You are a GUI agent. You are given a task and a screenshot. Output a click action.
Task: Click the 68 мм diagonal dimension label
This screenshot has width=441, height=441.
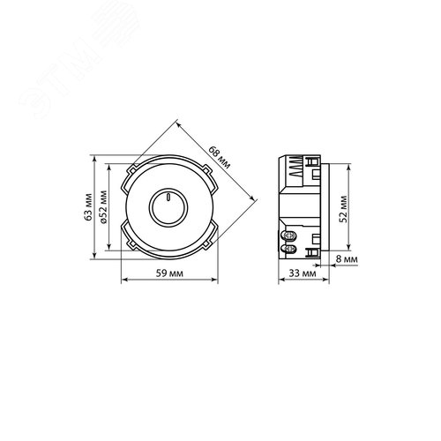tap(220, 157)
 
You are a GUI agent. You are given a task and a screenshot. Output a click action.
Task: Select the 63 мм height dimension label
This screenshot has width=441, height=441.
tap(87, 207)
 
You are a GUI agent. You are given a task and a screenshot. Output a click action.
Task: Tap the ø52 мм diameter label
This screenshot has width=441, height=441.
tap(103, 207)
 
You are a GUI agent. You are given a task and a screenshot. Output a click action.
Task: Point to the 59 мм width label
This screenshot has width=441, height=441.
tap(169, 273)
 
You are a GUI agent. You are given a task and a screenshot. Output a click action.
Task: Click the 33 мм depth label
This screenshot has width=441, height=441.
tap(303, 273)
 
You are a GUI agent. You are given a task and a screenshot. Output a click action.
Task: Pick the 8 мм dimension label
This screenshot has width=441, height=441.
tap(347, 259)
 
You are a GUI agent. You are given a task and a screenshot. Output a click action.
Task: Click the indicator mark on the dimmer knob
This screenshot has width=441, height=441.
tap(168, 197)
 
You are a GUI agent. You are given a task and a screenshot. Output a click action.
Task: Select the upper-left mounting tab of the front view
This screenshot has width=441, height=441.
tap(131, 170)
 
